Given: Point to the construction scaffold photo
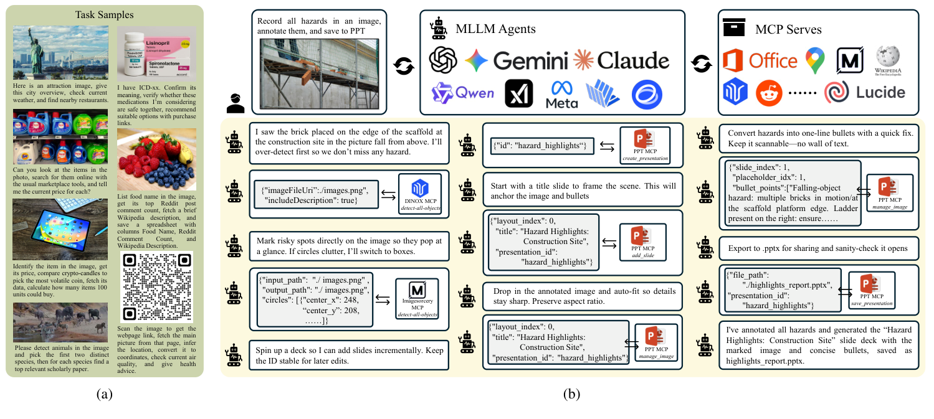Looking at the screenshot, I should click(318, 71).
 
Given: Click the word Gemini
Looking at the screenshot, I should click(531, 60).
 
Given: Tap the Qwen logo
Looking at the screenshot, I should click(462, 93).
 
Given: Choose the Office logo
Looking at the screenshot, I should click(760, 61).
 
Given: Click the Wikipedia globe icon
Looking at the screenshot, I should click(887, 58).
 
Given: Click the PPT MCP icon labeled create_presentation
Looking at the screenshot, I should click(644, 141).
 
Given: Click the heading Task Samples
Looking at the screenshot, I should click(104, 14).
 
